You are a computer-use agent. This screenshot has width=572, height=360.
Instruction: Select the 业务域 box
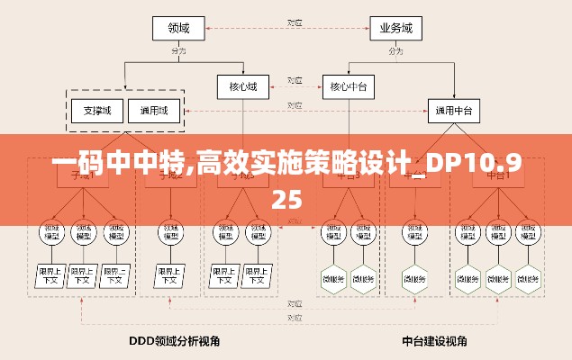pyautogui.click(x=396, y=29)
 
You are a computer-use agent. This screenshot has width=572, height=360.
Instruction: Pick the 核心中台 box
pyautogui.click(x=348, y=87)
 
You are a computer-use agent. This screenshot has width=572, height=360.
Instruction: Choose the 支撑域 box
pyautogui.click(x=96, y=112)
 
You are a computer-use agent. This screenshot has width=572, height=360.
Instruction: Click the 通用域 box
pyautogui.click(x=153, y=112)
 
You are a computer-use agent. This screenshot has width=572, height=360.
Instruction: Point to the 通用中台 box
pyautogui.click(x=454, y=112)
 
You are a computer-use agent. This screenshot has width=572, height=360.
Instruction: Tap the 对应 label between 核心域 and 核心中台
pyautogui.click(x=294, y=81)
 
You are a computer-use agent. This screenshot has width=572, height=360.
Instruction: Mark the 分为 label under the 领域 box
pyautogui.click(x=178, y=51)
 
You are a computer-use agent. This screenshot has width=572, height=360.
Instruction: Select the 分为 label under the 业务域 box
pyautogui.click(x=396, y=51)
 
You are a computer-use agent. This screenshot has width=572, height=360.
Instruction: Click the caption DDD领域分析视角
pyautogui.click(x=175, y=342)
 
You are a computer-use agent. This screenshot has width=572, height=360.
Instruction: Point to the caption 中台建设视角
pyautogui.click(x=434, y=342)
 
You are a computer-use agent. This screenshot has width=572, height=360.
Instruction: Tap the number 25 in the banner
pyautogui.click(x=286, y=198)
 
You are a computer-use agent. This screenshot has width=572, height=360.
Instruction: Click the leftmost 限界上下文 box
pyautogui.click(x=50, y=274)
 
